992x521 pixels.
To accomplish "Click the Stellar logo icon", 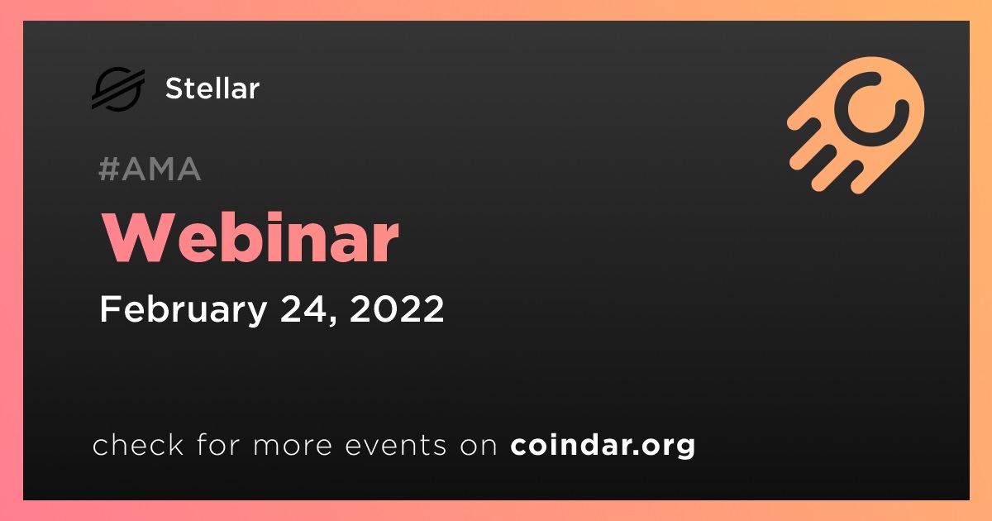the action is (x=117, y=88).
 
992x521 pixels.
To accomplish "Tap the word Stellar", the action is (x=212, y=88).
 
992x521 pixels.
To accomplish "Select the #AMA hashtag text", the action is (x=150, y=169).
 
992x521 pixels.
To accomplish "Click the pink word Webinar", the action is (x=250, y=238).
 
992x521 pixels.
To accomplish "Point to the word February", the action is (x=184, y=309).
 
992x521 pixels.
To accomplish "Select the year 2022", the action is (x=397, y=308).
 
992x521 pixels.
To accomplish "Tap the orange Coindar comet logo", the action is (x=856, y=125).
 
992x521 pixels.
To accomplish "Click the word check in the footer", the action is (x=138, y=444).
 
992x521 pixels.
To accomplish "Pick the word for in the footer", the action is (x=218, y=444).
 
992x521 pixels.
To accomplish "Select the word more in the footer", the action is (x=293, y=447).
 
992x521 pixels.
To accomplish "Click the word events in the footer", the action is (x=396, y=446).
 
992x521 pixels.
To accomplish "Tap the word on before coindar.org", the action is (x=479, y=447).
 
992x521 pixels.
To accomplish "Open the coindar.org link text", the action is (x=603, y=446).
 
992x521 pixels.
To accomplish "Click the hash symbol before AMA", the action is (x=108, y=169).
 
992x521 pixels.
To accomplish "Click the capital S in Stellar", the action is (x=174, y=88).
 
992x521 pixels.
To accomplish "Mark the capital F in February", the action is (x=110, y=308).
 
